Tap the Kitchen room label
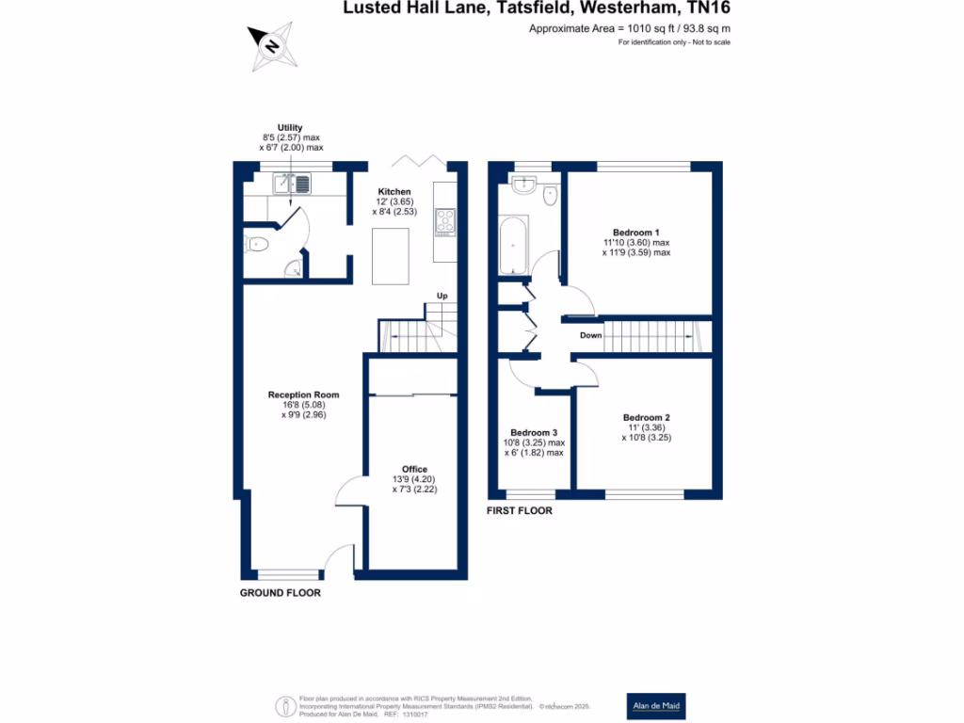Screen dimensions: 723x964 pyautogui.click(x=394, y=192)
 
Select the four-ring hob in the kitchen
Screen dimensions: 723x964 pyautogui.click(x=444, y=222)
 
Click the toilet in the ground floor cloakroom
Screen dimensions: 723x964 pyautogui.click(x=257, y=245)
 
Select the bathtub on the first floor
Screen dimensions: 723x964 pyautogui.click(x=514, y=244)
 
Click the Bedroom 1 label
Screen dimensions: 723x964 pyautogui.click(x=636, y=233)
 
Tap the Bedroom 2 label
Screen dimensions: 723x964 pyautogui.click(x=646, y=417)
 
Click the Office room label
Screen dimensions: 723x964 pyautogui.click(x=414, y=469)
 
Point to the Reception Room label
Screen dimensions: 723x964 pyautogui.click(x=303, y=394)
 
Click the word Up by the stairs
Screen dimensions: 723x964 pyautogui.click(x=442, y=296)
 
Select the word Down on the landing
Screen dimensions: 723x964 pyautogui.click(x=590, y=335)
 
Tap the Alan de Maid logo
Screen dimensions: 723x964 pyautogui.click(x=656, y=706)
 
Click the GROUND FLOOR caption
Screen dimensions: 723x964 pyautogui.click(x=281, y=593)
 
